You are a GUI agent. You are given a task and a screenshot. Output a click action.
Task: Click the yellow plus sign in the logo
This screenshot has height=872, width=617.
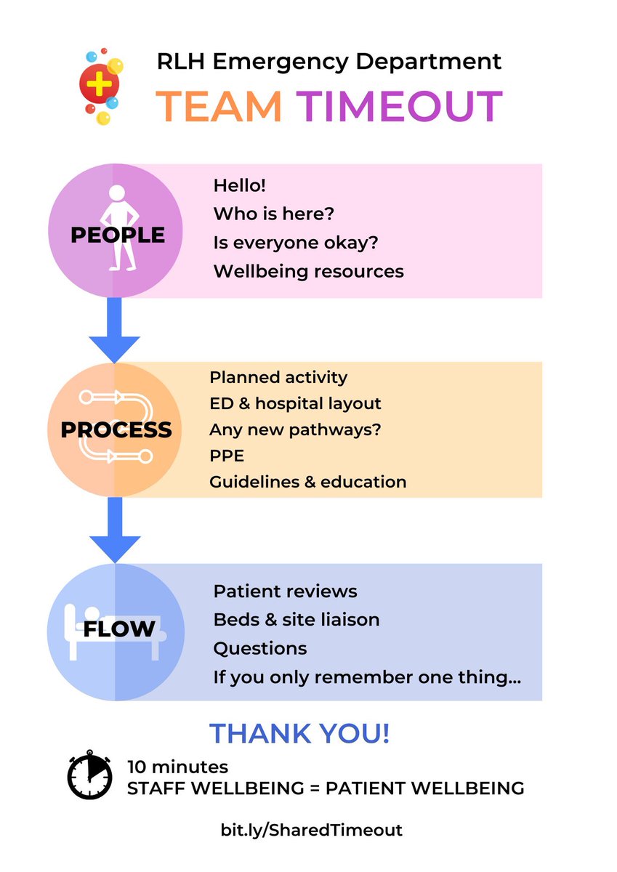99,84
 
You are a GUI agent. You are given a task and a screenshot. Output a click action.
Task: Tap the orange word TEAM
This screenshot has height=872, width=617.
219,106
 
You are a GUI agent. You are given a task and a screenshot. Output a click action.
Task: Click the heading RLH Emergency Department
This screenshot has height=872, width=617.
329,62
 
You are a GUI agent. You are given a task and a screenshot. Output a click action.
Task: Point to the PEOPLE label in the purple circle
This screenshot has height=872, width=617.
118,235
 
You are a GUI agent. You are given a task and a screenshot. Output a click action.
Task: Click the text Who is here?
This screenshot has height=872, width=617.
274,214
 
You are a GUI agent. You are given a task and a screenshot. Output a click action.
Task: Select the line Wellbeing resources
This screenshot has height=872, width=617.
309,271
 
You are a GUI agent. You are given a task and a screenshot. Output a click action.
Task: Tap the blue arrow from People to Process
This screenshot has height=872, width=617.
114,330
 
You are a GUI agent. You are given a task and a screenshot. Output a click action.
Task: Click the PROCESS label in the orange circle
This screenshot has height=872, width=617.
116,429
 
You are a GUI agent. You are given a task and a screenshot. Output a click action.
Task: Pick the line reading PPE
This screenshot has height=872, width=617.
227,456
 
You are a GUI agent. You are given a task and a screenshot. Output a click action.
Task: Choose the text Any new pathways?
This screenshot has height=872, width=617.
295,430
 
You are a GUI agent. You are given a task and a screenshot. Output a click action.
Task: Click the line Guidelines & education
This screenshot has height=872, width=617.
308,482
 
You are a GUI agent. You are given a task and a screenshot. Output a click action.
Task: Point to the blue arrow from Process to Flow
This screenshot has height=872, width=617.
115,530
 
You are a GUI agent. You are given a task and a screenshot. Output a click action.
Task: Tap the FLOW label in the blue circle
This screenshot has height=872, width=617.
119,629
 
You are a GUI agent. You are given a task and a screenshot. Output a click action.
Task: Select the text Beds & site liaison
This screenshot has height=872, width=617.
297,620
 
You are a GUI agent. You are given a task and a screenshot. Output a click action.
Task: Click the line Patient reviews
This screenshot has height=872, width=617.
285,592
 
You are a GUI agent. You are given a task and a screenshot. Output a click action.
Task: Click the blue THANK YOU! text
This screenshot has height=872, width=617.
299,733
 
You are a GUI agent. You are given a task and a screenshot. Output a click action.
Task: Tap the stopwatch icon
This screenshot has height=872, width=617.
89,775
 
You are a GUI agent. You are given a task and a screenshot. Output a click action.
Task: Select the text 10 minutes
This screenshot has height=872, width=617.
177,767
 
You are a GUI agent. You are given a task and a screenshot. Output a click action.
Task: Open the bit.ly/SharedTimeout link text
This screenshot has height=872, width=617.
312,830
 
